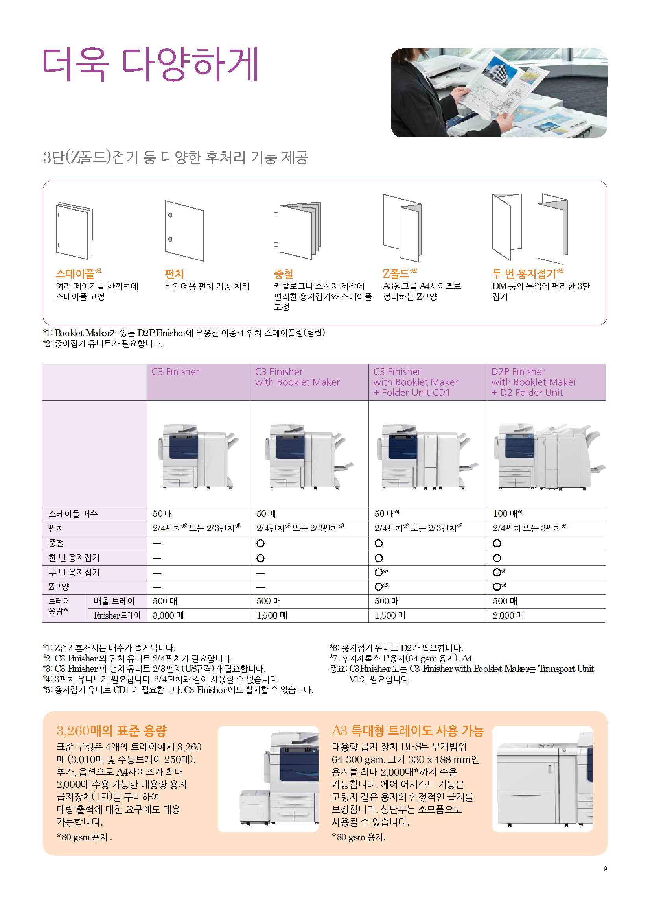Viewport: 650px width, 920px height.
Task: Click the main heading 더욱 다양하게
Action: (x=151, y=65)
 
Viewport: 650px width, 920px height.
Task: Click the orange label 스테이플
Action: (x=75, y=274)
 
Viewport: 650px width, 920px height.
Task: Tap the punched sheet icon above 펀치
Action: (x=184, y=231)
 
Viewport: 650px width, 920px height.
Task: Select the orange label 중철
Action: (x=284, y=274)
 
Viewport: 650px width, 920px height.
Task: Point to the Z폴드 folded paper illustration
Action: (x=402, y=227)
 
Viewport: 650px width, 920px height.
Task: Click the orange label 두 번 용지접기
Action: (x=524, y=274)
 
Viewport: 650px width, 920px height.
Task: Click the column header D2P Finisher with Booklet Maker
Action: (x=534, y=382)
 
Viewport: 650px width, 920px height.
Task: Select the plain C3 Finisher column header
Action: (x=175, y=372)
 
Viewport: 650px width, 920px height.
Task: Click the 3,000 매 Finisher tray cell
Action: (x=168, y=615)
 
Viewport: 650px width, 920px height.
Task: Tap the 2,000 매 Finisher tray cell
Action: (x=508, y=615)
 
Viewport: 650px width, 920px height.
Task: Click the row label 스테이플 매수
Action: (x=73, y=514)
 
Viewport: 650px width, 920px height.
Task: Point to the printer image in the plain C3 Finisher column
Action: (x=198, y=456)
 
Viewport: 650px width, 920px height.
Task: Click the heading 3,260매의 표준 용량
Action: (x=111, y=731)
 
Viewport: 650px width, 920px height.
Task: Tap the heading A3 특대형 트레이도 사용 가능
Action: (x=408, y=731)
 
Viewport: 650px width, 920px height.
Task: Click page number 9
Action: (x=605, y=869)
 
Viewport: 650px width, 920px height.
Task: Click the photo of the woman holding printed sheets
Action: (x=499, y=93)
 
